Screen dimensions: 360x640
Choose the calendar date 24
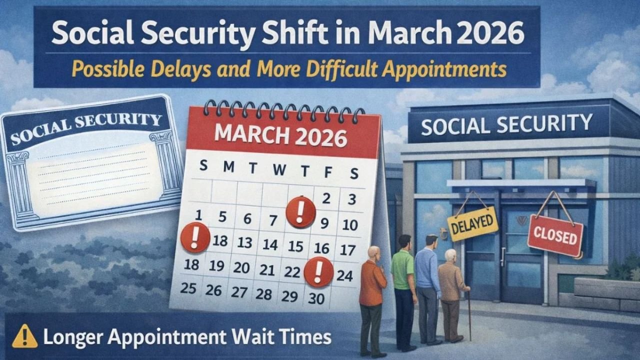tap(344, 275)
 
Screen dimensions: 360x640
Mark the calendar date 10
tap(350, 224)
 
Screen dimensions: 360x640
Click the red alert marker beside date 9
tap(300, 212)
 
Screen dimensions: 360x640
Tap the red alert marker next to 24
tap(319, 271)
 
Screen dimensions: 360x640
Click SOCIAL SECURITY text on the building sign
tap(506, 124)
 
